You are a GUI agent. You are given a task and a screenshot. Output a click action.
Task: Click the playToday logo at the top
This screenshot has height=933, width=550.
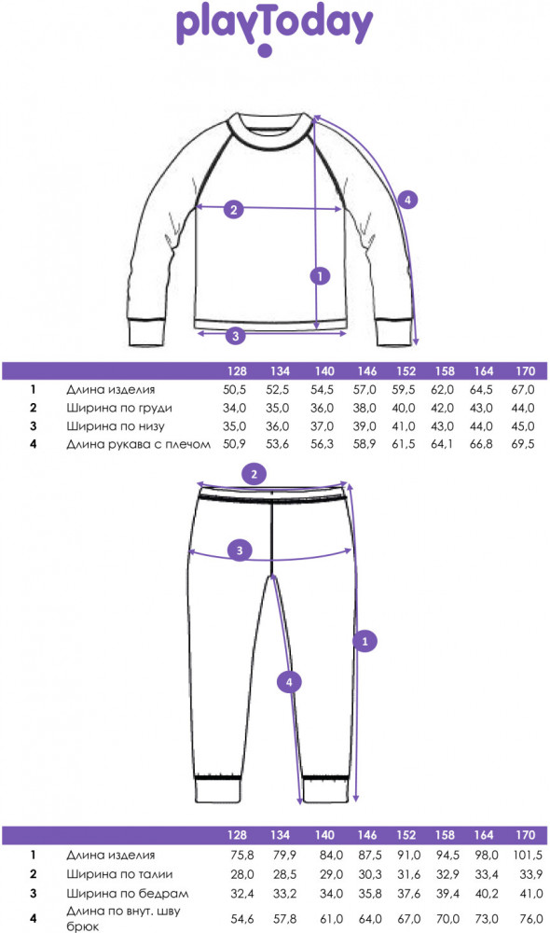(x=274, y=29)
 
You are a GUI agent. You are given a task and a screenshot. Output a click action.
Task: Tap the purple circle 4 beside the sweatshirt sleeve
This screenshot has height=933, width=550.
(x=407, y=200)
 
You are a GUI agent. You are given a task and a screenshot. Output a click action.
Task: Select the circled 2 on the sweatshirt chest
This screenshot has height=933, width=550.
(x=234, y=209)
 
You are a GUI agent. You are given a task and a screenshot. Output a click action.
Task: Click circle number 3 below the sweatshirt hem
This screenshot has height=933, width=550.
(x=236, y=336)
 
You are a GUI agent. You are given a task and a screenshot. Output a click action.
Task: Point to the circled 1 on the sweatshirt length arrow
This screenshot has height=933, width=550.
(x=320, y=276)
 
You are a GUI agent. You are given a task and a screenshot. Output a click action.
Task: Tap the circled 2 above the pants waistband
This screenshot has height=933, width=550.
(x=254, y=474)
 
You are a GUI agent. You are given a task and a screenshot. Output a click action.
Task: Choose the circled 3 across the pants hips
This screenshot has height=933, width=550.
(x=240, y=550)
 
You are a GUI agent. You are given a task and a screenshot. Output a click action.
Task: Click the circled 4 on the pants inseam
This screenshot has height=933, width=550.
(x=290, y=682)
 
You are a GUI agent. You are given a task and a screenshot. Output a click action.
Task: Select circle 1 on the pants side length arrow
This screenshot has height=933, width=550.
(x=365, y=642)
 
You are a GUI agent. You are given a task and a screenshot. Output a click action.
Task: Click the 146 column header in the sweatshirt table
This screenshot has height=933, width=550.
(x=367, y=371)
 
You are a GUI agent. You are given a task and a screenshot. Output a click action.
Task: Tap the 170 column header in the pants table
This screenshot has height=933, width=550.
(x=525, y=835)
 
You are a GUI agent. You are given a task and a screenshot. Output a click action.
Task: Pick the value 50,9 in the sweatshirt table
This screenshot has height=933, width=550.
(x=234, y=444)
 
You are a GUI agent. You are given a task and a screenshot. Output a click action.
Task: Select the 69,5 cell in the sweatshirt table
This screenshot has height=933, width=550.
(x=523, y=444)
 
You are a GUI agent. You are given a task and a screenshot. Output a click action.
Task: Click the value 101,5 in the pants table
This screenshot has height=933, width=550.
(x=528, y=855)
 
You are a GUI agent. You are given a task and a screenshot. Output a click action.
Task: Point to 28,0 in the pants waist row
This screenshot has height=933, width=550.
(x=242, y=874)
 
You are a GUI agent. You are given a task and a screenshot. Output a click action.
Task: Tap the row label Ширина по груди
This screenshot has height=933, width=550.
(x=119, y=409)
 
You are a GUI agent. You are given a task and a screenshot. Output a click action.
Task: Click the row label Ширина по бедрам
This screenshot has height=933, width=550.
(x=127, y=894)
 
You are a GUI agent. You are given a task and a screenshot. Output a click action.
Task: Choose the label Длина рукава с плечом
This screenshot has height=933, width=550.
(x=138, y=444)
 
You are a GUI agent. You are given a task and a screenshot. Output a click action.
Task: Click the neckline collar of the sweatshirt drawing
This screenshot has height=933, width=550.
(x=271, y=132)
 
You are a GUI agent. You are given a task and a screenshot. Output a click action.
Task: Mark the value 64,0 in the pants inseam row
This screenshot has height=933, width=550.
(x=370, y=919)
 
